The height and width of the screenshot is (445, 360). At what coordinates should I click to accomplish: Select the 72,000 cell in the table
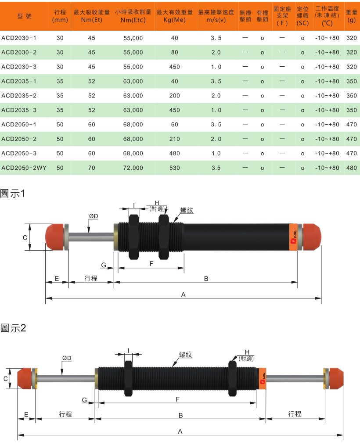coord(133,168)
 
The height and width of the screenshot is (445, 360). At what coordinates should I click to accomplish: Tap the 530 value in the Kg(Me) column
coord(175,168)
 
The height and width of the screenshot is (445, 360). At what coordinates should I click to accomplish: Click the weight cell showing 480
coord(351,168)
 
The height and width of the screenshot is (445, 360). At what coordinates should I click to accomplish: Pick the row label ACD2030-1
coord(19,38)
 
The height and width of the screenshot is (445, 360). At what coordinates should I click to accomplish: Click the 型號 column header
coord(25,16)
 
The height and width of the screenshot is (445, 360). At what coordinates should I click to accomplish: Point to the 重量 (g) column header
coord(351,16)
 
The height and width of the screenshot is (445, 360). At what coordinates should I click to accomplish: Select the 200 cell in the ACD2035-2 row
coord(175,96)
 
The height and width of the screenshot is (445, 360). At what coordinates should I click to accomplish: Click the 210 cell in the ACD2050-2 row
coord(175,139)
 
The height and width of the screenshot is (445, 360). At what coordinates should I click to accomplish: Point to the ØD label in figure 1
coord(93,216)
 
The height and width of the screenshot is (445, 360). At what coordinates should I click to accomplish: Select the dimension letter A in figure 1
coord(184,295)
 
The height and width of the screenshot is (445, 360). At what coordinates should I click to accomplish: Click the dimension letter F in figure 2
coord(177,399)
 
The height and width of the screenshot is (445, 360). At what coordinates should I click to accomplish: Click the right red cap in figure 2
coord(336,378)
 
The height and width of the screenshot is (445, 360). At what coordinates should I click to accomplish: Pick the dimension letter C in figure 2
coord(6,378)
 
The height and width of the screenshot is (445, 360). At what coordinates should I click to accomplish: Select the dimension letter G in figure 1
coord(104,265)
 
